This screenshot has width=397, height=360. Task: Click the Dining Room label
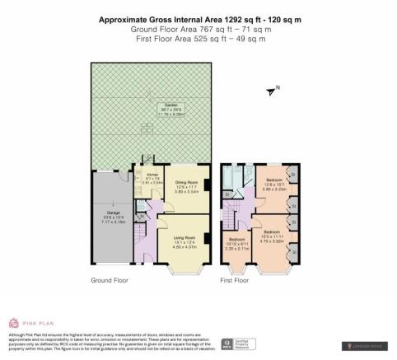coord(188,184)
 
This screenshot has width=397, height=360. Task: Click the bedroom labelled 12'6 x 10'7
coord(274,182)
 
